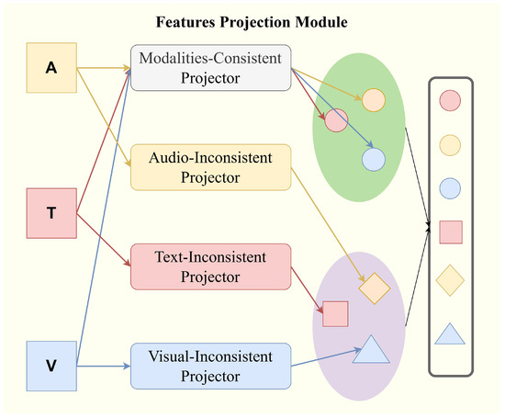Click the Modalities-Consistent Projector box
[x=210, y=68]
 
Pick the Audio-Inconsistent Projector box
[x=210, y=167]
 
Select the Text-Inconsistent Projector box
[x=210, y=265]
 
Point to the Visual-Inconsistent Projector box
[x=210, y=365]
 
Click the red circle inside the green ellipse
[x=336, y=120]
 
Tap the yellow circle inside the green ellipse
[x=373, y=98]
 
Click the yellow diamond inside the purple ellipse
[x=376, y=288]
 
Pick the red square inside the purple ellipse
[x=335, y=314]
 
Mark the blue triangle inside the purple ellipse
[x=372, y=350]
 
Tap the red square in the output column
[x=451, y=232]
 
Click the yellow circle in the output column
[x=451, y=143]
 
